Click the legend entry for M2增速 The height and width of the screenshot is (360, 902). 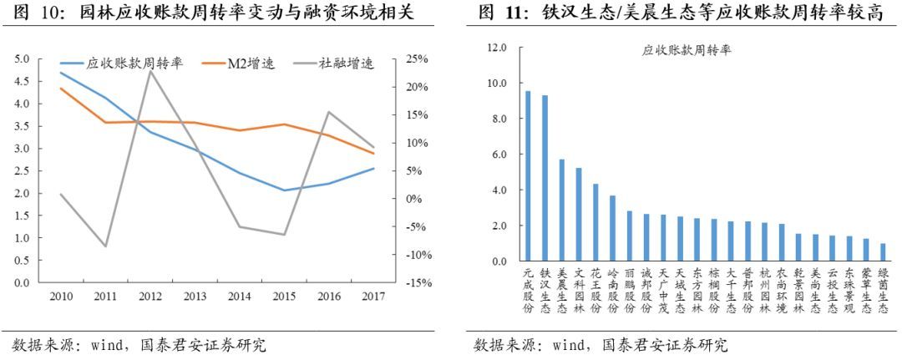251,63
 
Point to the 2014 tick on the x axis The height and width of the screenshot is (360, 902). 239,297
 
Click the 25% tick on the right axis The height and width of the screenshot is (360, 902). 417,59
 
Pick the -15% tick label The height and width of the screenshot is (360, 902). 415,282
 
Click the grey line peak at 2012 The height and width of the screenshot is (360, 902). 149,71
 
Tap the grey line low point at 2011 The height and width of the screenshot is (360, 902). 104,246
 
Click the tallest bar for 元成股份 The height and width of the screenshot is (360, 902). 527,176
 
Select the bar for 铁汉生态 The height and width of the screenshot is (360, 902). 545,179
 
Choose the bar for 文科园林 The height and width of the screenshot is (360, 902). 578,215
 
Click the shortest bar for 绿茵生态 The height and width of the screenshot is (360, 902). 883,252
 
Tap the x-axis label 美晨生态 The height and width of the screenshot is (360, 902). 561,291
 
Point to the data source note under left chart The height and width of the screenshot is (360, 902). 138,345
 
